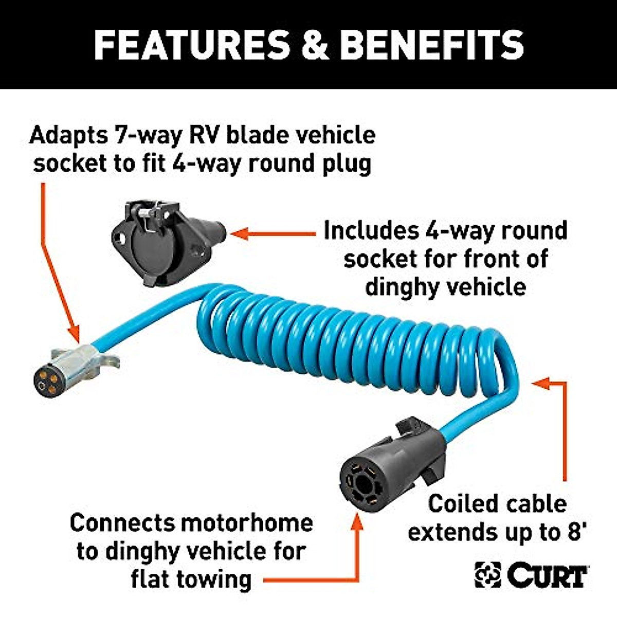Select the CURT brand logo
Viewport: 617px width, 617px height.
[x=532, y=574]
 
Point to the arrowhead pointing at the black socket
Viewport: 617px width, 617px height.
[x=238, y=234]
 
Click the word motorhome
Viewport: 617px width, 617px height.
[x=246, y=523]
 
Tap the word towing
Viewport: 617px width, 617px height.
[x=214, y=579]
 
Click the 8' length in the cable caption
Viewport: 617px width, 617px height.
[x=574, y=532]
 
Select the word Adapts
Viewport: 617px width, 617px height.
[x=69, y=136]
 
